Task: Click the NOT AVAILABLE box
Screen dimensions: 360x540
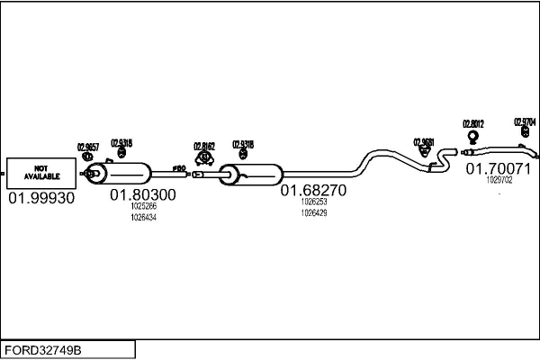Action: pyautogui.click(x=40, y=172)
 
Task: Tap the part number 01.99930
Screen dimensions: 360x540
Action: pyautogui.click(x=41, y=197)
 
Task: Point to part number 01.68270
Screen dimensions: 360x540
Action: pyautogui.click(x=313, y=191)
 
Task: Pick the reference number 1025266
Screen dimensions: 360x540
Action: pyautogui.click(x=143, y=207)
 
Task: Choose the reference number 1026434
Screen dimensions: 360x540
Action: pyautogui.click(x=143, y=218)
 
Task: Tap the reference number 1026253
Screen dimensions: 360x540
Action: pyautogui.click(x=314, y=203)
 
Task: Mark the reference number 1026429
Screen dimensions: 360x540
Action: pyautogui.click(x=314, y=213)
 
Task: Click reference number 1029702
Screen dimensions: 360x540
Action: pyautogui.click(x=499, y=180)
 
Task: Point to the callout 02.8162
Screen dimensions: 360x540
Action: pyautogui.click(x=204, y=145)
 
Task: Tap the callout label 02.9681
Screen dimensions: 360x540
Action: pyautogui.click(x=424, y=141)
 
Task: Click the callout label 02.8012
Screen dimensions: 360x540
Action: pyautogui.click(x=473, y=123)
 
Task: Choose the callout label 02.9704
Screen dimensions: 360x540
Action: pyautogui.click(x=525, y=121)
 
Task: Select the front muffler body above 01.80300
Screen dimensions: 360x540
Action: pyautogui.click(x=126, y=173)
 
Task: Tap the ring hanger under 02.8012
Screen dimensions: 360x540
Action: pyautogui.click(x=473, y=137)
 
